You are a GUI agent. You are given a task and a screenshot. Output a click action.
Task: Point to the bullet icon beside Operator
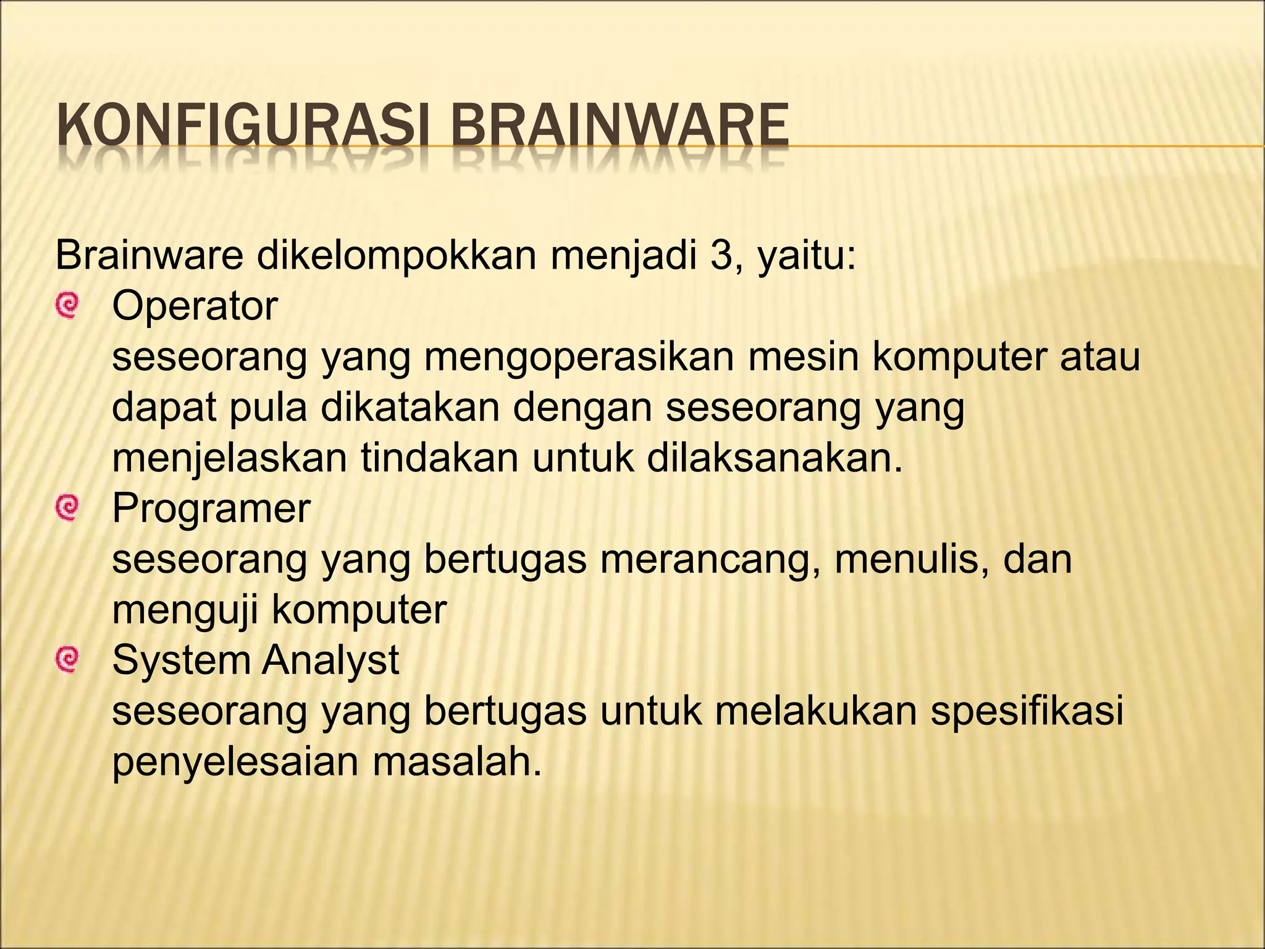tap(66, 306)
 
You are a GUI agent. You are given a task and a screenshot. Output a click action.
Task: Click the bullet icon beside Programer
tap(66, 508)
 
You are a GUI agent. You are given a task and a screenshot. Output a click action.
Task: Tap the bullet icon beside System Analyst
tap(66, 660)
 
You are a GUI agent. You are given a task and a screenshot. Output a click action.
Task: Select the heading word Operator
tap(195, 306)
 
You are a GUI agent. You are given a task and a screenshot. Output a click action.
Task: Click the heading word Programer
tap(211, 508)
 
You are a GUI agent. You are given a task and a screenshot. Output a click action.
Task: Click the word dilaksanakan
tap(775, 458)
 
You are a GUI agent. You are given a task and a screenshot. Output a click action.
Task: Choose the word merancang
tap(710, 559)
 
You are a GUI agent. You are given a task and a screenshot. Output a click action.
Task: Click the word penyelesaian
tap(235, 763)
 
